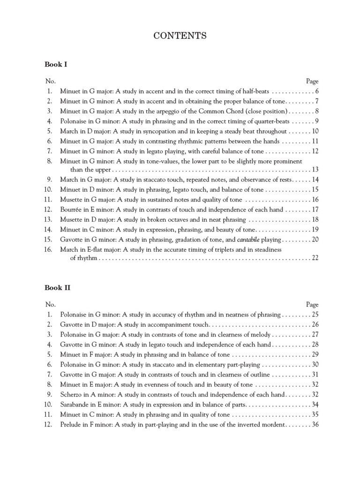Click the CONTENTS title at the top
(x=180, y=36)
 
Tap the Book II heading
(x=57, y=287)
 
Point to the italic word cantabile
(x=249, y=240)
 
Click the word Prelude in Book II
(x=71, y=425)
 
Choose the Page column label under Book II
(x=312, y=304)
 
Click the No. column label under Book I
(x=50, y=81)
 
